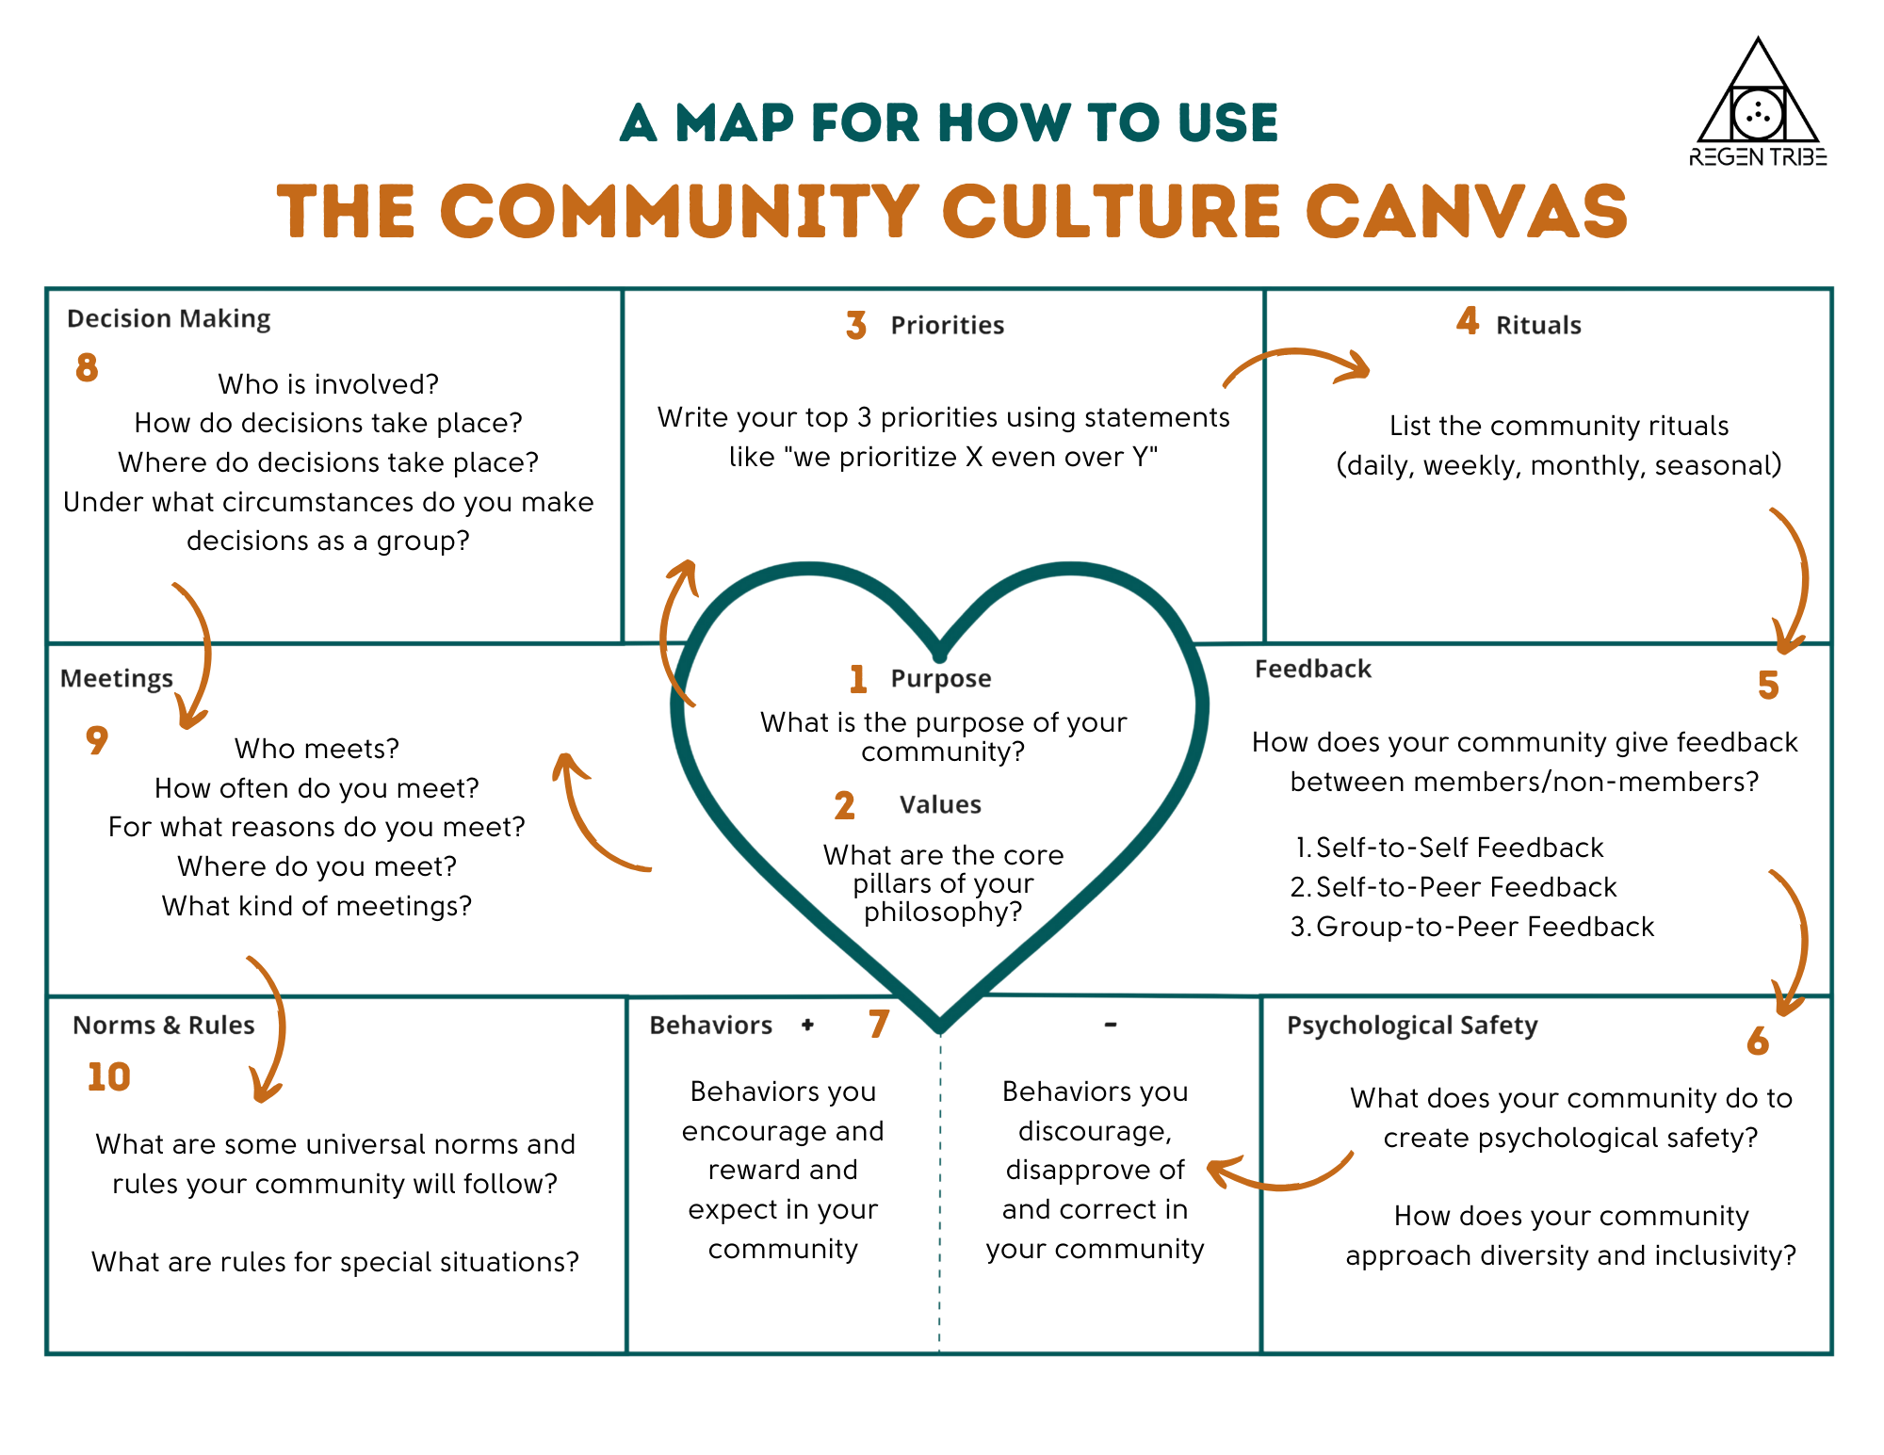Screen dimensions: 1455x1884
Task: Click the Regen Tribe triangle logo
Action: pyautogui.click(x=1758, y=104)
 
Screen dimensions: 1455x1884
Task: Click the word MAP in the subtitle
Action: pyautogui.click(x=735, y=123)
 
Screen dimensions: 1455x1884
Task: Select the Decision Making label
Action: pyautogui.click(x=169, y=319)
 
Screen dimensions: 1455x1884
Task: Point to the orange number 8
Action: pyautogui.click(x=87, y=367)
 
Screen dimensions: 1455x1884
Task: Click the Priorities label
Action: pyautogui.click(x=947, y=326)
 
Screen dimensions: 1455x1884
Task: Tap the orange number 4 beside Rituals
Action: pyautogui.click(x=1468, y=321)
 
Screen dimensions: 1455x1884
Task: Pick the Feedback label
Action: pyautogui.click(x=1313, y=670)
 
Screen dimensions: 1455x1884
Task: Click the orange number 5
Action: pyautogui.click(x=1768, y=686)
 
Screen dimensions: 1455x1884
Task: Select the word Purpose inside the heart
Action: pyautogui.click(x=940, y=678)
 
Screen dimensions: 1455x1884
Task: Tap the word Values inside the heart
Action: pyautogui.click(x=940, y=805)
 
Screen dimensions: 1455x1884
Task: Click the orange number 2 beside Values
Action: pyautogui.click(x=845, y=806)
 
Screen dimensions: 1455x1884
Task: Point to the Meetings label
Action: pyautogui.click(x=117, y=679)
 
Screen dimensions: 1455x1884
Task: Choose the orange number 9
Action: pyautogui.click(x=97, y=740)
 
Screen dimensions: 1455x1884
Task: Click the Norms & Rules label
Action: pyautogui.click(x=164, y=1026)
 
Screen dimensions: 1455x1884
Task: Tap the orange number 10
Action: pyautogui.click(x=108, y=1077)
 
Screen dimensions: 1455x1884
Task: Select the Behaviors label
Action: pyautogui.click(x=710, y=1026)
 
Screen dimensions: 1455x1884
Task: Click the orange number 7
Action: pyautogui.click(x=879, y=1024)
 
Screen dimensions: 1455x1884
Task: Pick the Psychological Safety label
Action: pyautogui.click(x=1412, y=1026)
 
